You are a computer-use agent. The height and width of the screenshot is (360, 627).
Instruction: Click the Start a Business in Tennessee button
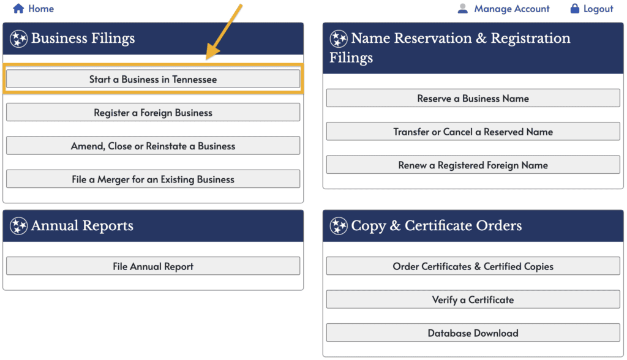153,79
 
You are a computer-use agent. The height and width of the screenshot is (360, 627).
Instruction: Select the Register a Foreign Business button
153,113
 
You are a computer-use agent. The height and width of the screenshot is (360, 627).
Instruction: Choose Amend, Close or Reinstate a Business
153,146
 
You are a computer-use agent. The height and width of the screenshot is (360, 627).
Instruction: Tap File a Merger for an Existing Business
153,179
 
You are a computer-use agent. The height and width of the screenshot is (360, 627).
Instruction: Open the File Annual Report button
153,266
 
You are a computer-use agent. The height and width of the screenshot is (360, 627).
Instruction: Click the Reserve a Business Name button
473,98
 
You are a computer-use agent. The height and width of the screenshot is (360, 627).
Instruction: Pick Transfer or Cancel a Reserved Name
473,131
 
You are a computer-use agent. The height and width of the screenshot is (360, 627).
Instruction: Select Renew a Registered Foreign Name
473,165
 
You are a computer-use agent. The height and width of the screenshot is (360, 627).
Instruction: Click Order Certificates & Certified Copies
473,266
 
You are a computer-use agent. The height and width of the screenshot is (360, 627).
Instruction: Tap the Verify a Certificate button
473,299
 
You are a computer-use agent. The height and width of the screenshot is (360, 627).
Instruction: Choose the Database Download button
473,333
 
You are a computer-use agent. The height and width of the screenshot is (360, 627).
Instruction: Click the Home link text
41,9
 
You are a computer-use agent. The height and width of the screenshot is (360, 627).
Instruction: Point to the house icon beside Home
18,9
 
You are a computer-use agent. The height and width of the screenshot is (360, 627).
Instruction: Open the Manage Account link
512,9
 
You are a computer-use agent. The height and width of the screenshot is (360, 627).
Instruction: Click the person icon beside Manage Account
463,9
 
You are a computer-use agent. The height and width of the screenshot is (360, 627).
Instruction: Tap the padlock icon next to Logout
574,9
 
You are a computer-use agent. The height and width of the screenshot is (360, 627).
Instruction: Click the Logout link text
598,9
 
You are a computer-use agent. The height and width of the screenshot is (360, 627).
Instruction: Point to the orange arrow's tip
207,59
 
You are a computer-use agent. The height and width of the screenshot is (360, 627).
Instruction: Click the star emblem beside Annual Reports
19,226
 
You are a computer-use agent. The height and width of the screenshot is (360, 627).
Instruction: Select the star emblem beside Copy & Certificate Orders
339,226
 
